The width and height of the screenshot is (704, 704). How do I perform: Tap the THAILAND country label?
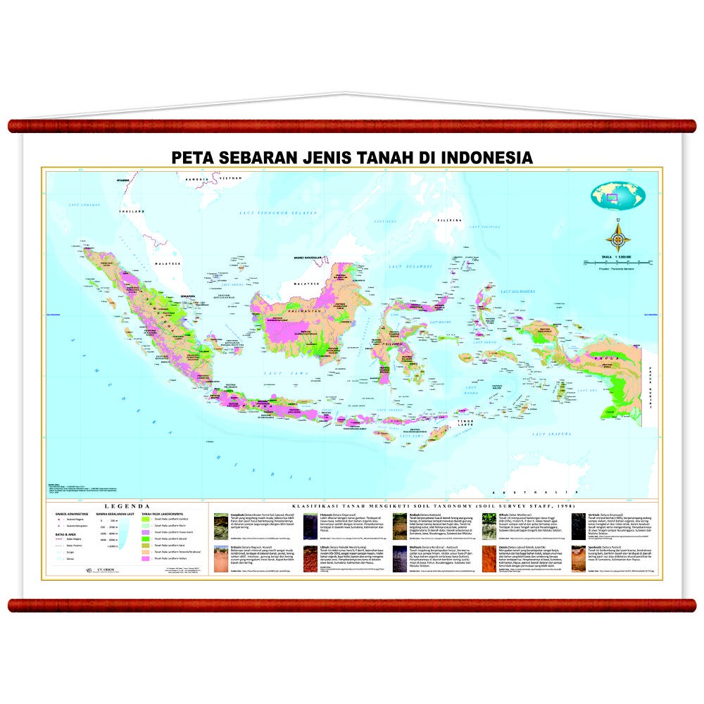130,210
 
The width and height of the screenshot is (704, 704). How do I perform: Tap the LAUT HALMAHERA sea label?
518,291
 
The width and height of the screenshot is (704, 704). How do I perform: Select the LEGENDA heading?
126,506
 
